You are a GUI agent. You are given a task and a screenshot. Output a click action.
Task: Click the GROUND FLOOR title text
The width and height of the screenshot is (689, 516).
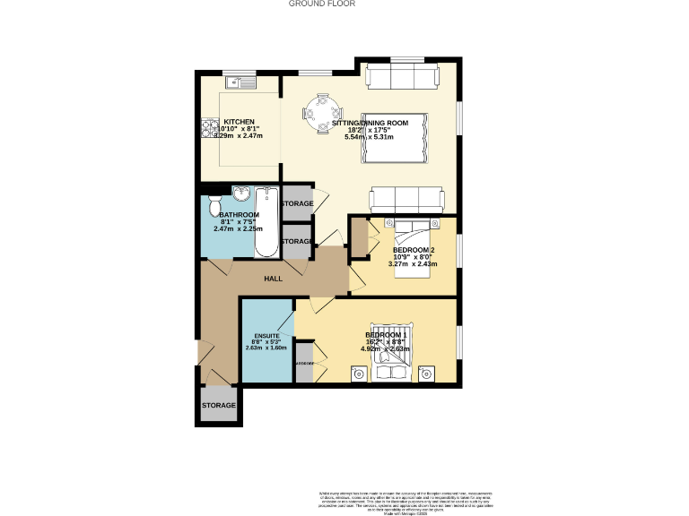tap(322, 4)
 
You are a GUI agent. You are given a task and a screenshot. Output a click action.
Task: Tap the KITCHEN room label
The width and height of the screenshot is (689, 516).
tap(239, 122)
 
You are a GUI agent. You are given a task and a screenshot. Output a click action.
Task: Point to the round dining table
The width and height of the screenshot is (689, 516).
tap(320, 114)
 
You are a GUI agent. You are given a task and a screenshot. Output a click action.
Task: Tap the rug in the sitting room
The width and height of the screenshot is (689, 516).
tap(393, 139)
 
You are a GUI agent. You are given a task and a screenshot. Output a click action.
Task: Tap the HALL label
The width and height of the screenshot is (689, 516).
tap(273, 279)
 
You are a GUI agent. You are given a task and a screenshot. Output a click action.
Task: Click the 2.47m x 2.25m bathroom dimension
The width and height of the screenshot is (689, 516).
tap(237, 228)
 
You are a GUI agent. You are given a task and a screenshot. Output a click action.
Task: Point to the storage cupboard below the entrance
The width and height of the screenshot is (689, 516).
tap(218, 405)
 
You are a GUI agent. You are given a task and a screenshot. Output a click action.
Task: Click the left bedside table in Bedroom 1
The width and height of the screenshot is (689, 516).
tap(357, 372)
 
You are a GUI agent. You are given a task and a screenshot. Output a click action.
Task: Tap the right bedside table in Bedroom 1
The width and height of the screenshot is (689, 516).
tap(428, 372)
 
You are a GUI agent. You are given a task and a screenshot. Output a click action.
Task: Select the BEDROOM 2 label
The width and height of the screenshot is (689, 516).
tap(414, 250)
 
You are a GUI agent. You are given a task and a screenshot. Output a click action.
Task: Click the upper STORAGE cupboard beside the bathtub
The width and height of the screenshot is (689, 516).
tap(297, 203)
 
